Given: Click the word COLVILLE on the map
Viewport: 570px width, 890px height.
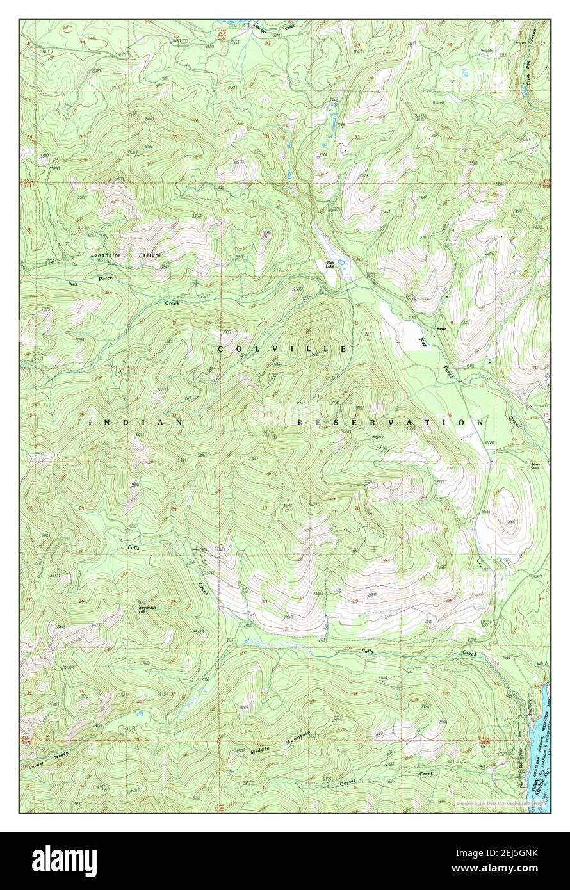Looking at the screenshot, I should click(282, 349).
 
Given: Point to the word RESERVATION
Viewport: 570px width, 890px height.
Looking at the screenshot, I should click(391, 423).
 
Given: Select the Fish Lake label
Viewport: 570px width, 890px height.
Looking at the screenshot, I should click(330, 263).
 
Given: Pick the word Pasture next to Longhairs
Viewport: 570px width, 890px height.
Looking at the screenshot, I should click(151, 255).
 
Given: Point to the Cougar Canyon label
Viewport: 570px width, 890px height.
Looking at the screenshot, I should click(48, 759).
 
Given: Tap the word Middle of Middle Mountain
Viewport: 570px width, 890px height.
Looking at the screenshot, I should click(261, 749).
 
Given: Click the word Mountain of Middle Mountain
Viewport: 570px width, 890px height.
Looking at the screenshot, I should click(298, 738).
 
